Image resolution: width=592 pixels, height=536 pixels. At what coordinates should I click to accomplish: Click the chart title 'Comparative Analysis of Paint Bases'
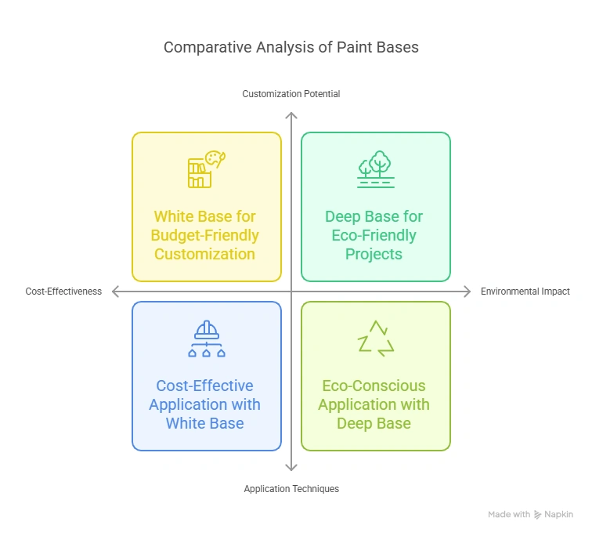click(x=291, y=47)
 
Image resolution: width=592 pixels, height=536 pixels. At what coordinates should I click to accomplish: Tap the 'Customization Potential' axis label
click(x=291, y=94)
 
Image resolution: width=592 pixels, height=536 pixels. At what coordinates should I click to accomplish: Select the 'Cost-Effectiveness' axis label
click(x=63, y=292)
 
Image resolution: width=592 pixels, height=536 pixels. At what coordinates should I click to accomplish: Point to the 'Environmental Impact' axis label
click(x=525, y=292)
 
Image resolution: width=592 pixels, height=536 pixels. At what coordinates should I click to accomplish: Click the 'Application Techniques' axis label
click(x=291, y=489)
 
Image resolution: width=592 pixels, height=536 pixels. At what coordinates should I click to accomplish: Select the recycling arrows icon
click(x=375, y=338)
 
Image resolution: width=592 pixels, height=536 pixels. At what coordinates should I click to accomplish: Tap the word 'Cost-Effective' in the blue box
click(x=204, y=386)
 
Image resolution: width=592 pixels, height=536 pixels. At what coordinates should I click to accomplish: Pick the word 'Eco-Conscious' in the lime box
click(x=374, y=386)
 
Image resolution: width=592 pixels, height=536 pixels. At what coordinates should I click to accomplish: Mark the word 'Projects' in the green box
click(x=374, y=254)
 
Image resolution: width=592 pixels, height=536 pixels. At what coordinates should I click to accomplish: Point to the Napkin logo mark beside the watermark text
click(x=538, y=515)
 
